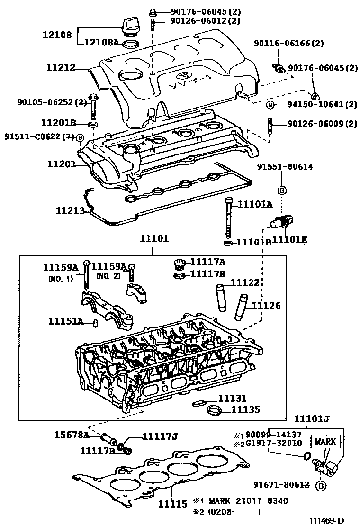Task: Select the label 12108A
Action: (x=101, y=43)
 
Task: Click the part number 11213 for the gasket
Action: (x=70, y=210)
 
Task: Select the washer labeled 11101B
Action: (x=228, y=243)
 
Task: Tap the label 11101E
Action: (x=289, y=240)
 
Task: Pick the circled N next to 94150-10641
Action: (x=270, y=105)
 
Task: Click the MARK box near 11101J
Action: (x=324, y=441)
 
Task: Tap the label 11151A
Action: (x=66, y=321)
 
